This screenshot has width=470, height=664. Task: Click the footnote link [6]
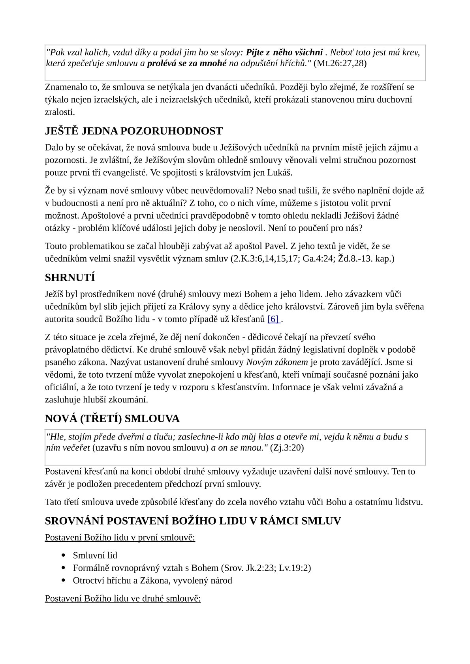coord(273,319)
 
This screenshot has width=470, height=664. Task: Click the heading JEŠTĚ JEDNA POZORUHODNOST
coord(134,131)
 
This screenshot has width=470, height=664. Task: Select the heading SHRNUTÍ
coord(70,278)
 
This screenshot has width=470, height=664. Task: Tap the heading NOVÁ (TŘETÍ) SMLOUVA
coord(112,419)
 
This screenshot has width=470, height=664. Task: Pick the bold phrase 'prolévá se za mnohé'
coord(187,63)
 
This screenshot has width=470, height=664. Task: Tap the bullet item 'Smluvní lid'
coord(95,556)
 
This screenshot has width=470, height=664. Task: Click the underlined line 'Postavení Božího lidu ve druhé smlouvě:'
coord(123,599)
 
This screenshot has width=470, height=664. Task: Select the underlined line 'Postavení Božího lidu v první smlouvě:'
coord(120,538)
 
